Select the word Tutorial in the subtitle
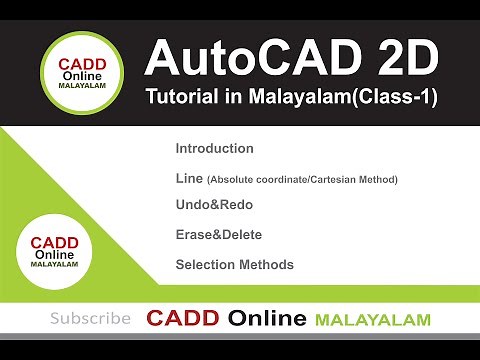pyautogui.click(x=181, y=99)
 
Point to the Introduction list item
pyautogui.click(x=214, y=148)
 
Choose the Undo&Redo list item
pyautogui.click(x=214, y=204)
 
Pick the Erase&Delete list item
pyautogui.click(x=220, y=235)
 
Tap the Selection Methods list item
pyautogui.click(x=234, y=265)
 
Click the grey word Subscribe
pyautogui.click(x=90, y=319)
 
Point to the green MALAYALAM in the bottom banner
pyautogui.click(x=372, y=320)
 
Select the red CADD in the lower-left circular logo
pyautogui.click(x=56, y=242)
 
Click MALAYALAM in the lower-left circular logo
pyautogui.click(x=56, y=267)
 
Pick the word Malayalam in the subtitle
pyautogui.click(x=300, y=99)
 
